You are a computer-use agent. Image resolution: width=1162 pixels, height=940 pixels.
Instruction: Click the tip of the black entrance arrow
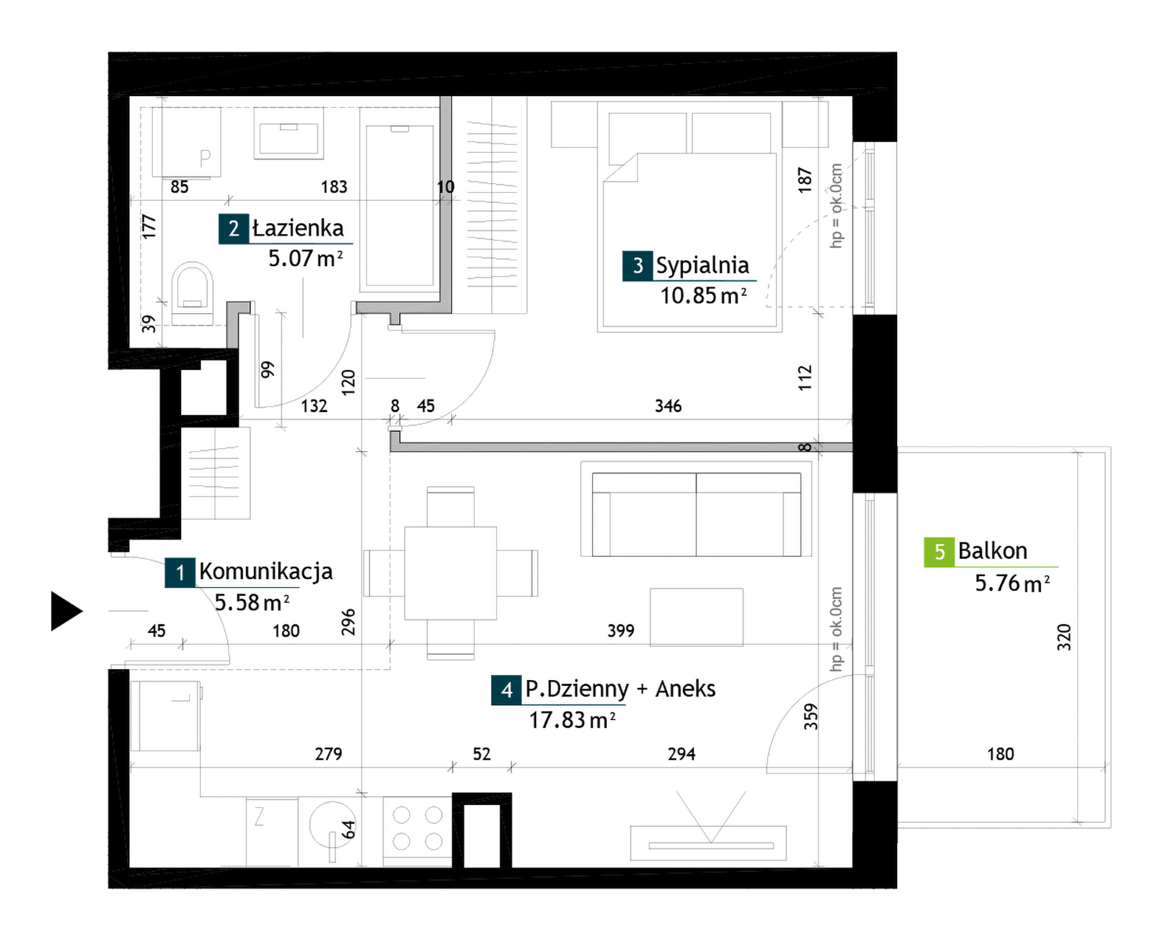[x=83, y=611]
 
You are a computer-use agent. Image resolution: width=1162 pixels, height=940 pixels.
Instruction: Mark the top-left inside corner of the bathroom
[x=130, y=97]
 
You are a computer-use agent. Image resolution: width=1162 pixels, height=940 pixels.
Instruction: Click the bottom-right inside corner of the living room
[x=852, y=867]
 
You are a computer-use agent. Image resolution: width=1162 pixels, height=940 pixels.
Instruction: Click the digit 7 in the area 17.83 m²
[x=548, y=720]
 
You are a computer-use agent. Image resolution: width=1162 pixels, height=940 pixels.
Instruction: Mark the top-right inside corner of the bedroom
[x=852, y=97]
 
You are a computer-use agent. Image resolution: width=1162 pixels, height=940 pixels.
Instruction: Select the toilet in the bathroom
[x=192, y=293]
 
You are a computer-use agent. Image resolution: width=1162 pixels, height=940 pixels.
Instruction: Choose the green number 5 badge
[x=939, y=552]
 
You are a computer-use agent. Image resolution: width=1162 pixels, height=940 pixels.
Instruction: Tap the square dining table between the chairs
[x=450, y=573]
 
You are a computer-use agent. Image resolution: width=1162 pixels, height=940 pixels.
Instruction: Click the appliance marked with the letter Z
[x=272, y=831]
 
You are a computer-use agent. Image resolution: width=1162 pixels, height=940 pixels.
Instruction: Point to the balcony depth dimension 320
[x=1064, y=637]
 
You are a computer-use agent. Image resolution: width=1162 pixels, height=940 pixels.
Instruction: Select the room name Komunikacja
[x=266, y=571]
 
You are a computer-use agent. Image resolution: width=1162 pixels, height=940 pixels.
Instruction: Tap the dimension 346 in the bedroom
[x=668, y=405]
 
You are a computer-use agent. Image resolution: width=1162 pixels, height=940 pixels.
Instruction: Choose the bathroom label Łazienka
[x=298, y=228]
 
